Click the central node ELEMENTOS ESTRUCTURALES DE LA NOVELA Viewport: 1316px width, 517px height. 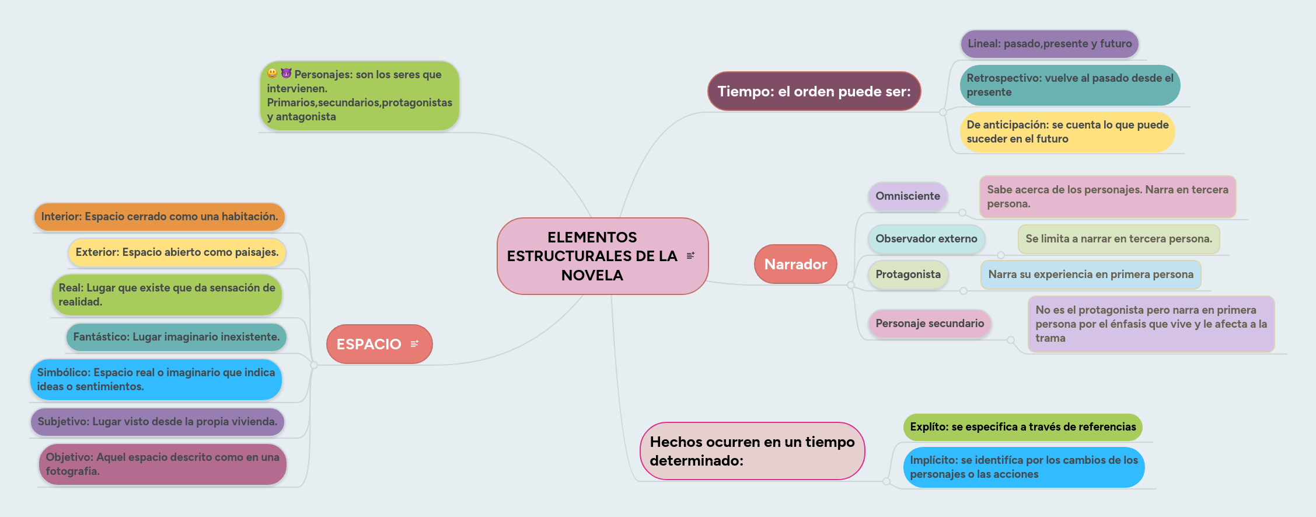click(x=592, y=256)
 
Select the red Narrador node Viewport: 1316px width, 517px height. click(x=795, y=264)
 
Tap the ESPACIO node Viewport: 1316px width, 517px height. click(x=369, y=344)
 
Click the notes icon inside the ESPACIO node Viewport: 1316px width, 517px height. click(x=415, y=344)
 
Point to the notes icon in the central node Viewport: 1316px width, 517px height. click(x=691, y=256)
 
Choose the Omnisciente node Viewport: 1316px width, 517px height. click(x=907, y=196)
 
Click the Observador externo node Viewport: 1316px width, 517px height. click(x=926, y=239)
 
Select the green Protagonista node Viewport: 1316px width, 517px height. click(x=908, y=275)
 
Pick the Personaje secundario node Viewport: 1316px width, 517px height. click(x=930, y=324)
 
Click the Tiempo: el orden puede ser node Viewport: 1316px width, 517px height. click(x=814, y=91)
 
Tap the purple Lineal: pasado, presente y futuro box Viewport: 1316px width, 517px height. click(x=1049, y=44)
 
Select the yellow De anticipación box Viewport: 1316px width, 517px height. click(x=1067, y=132)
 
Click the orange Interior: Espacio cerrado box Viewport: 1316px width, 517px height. click(x=159, y=217)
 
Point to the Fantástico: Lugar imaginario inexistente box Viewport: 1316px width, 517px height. click(x=176, y=337)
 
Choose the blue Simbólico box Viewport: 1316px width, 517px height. click(x=156, y=380)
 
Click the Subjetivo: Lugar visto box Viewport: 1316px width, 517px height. click(x=158, y=422)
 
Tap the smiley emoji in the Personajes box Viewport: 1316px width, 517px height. click(x=273, y=74)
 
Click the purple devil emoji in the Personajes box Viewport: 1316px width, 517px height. click(x=286, y=74)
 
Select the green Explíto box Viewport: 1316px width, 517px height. click(x=1022, y=427)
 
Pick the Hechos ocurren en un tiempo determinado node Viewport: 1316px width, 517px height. click(x=752, y=451)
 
